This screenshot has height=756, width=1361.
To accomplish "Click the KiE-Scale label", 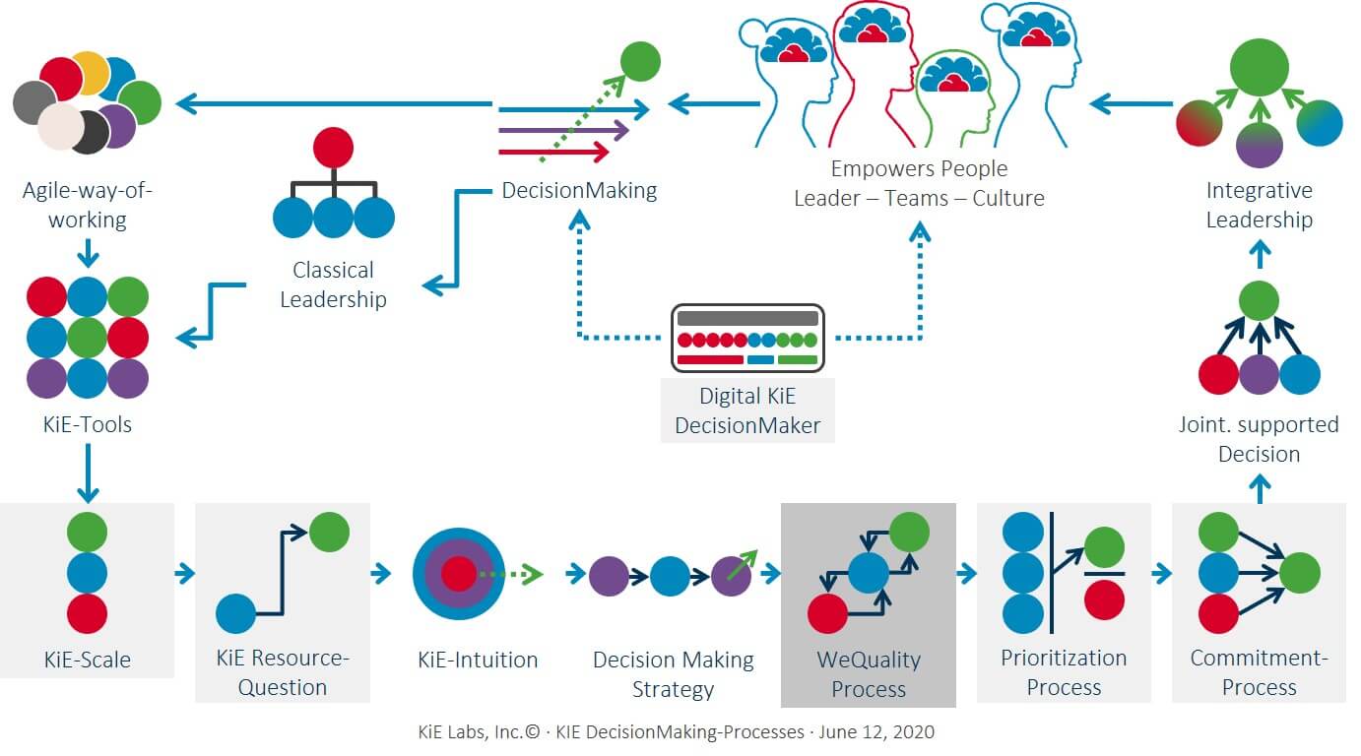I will click(87, 660).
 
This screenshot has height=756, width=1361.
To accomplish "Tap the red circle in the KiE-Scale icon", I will click(87, 613).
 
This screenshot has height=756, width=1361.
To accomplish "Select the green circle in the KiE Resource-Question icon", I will click(329, 532).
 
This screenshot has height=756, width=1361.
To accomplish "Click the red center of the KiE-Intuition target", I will click(458, 573).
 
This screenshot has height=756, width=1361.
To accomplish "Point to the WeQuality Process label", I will click(868, 673).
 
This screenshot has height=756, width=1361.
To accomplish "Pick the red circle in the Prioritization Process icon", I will click(1104, 599).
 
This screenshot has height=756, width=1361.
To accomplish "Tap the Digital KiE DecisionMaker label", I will click(747, 411).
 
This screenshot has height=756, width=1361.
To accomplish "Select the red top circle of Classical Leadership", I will click(333, 149).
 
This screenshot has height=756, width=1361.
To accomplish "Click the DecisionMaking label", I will click(579, 190).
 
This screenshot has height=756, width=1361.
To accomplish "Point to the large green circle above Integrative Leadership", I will click(1259, 68).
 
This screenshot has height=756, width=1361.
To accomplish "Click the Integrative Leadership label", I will click(1259, 205).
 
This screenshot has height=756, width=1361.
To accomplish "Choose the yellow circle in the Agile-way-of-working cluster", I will click(91, 71).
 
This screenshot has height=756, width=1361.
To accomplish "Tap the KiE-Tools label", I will click(87, 424).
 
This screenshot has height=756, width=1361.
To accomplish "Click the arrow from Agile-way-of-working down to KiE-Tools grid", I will click(88, 255).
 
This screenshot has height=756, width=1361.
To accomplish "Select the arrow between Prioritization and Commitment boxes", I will click(1161, 573).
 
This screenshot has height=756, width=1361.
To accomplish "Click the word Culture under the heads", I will click(1008, 198).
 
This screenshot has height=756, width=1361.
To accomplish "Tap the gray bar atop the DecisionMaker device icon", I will click(747, 319).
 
